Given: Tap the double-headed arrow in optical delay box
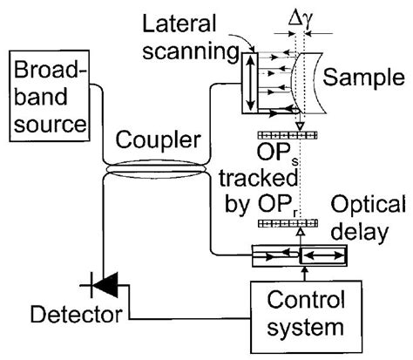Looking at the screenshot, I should tap(323, 257).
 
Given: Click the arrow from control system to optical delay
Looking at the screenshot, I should tap(301, 275).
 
